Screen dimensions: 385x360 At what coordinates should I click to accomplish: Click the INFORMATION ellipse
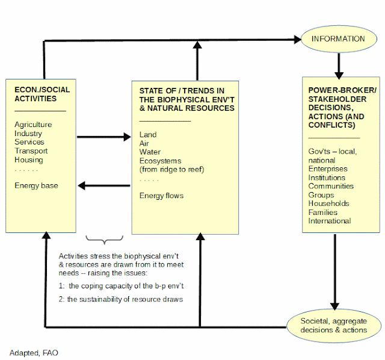(x=339, y=39)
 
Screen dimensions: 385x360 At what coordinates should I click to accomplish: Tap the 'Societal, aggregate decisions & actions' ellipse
(x=334, y=326)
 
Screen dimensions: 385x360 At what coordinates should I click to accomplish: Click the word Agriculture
(x=33, y=125)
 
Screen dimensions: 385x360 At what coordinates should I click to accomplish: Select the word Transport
(x=31, y=151)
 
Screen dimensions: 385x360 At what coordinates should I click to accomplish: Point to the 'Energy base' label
(x=36, y=185)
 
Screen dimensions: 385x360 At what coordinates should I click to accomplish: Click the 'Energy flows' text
(x=161, y=196)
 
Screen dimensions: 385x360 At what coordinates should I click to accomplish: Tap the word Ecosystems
(x=161, y=161)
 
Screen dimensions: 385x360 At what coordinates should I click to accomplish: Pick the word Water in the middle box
(x=150, y=152)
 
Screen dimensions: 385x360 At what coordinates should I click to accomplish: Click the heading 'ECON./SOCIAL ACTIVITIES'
(x=42, y=94)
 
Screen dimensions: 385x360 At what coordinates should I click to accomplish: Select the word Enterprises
(x=328, y=169)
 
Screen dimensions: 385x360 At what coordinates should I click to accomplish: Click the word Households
(x=329, y=203)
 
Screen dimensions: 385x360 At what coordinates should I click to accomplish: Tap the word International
(x=330, y=221)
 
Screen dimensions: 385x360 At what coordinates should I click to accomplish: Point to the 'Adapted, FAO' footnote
(x=34, y=353)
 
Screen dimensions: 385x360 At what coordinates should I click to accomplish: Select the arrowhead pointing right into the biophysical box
(x=127, y=137)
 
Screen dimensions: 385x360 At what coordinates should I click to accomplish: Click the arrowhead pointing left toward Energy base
(x=82, y=185)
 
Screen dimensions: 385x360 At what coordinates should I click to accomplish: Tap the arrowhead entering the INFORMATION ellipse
(x=298, y=39)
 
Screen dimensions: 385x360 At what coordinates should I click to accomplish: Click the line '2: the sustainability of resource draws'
(x=121, y=299)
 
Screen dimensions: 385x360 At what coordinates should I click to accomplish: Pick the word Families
(x=323, y=213)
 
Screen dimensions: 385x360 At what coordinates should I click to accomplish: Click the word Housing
(x=29, y=160)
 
